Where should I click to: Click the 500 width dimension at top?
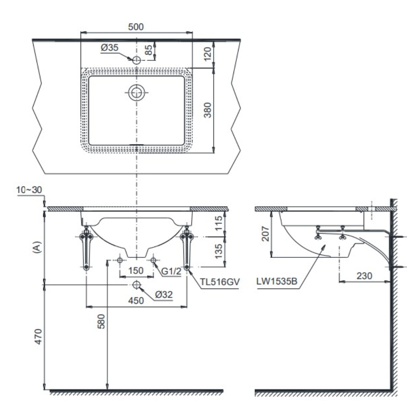tap(136, 26)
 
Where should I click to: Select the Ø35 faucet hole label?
tap(109, 48)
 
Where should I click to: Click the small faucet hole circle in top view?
tap(136, 60)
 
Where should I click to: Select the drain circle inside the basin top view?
tap(136, 92)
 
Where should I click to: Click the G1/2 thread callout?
tap(171, 271)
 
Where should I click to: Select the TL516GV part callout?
tap(219, 283)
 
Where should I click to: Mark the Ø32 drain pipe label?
tap(164, 295)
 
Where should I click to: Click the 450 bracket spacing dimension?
tap(136, 300)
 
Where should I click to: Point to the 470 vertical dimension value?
tap(38, 336)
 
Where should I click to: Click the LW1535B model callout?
tap(278, 283)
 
